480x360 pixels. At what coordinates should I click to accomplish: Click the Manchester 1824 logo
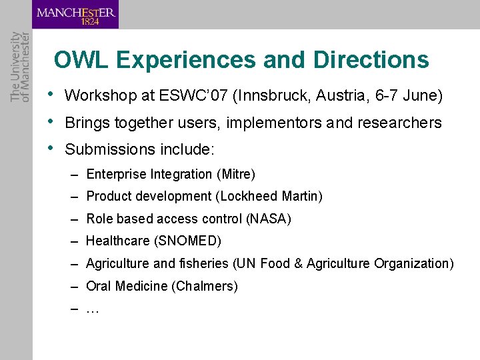click(75, 15)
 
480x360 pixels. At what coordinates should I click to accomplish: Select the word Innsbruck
click(273, 96)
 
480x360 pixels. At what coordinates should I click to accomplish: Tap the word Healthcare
click(117, 241)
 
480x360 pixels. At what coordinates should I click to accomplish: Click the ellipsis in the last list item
click(93, 310)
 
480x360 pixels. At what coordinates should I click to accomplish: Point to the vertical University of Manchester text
click(20, 67)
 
